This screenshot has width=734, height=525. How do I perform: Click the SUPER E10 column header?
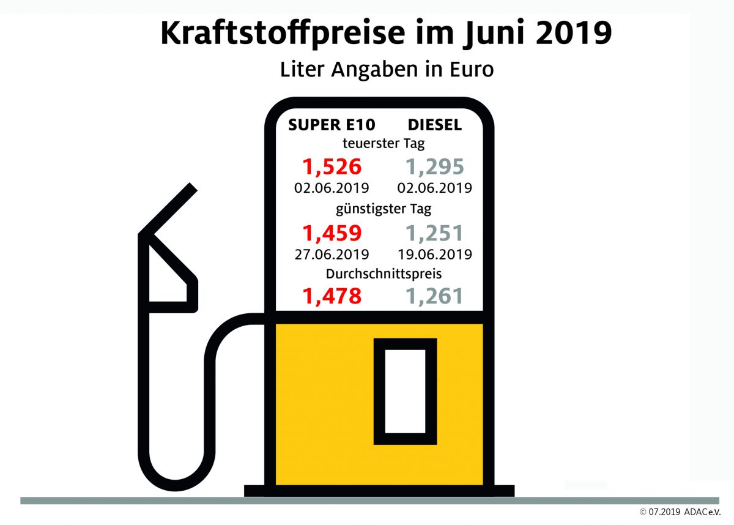(x=332, y=125)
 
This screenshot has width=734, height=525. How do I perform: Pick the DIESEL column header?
(x=435, y=125)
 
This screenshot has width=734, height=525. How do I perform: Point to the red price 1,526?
(x=332, y=166)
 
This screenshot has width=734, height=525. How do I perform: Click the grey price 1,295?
(x=435, y=166)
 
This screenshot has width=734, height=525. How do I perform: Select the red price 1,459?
(x=332, y=233)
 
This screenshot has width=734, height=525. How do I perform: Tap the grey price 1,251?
(x=435, y=233)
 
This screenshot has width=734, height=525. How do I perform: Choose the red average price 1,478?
(x=332, y=296)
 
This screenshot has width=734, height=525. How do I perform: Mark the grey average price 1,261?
(x=435, y=296)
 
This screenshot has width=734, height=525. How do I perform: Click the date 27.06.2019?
(x=332, y=253)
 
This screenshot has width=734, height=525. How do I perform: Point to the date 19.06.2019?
(x=435, y=253)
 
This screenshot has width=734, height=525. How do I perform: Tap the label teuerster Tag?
(x=384, y=144)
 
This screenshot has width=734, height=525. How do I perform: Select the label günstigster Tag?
(x=384, y=209)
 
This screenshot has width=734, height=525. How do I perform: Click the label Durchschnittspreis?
(x=384, y=274)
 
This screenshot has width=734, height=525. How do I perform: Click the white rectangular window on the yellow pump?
(x=404, y=391)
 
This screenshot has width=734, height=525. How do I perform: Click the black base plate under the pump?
(x=379, y=491)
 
